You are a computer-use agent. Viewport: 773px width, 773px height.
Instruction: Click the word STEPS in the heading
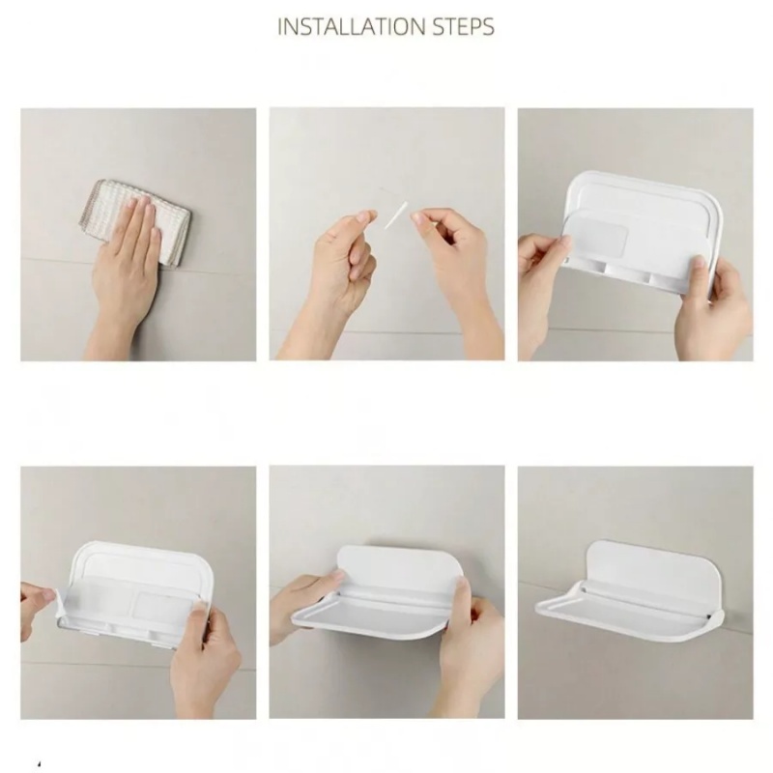(x=463, y=26)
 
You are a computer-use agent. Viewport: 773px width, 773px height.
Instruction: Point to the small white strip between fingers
(x=396, y=215)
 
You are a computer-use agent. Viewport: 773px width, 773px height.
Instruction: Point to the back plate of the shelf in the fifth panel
(x=399, y=566)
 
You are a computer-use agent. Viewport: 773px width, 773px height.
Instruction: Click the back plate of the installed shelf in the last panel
(x=653, y=567)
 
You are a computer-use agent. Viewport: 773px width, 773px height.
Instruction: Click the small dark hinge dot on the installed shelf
(x=709, y=616)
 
